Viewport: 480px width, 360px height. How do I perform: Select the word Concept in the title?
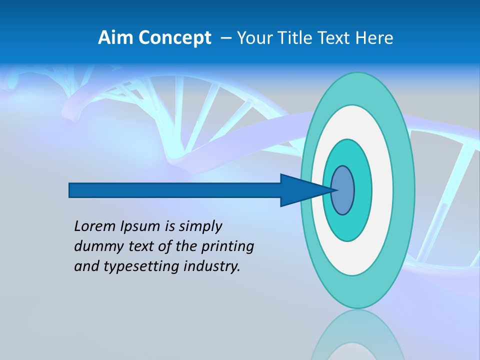pos(175,38)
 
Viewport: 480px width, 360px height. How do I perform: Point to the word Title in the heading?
pos(297,38)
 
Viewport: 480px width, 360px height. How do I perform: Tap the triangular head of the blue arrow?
pos(300,190)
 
